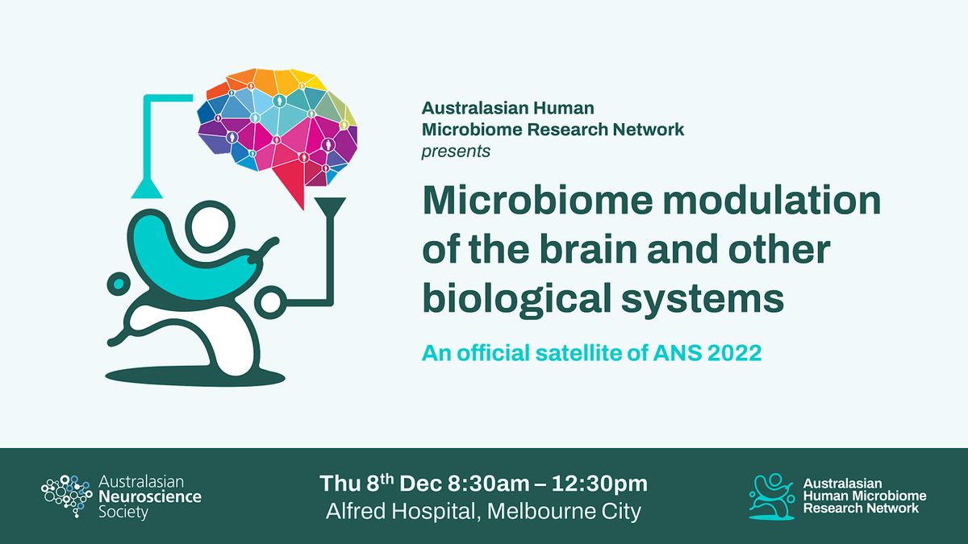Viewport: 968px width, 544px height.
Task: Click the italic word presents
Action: [x=455, y=151]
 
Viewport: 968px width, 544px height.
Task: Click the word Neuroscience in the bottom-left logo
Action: [x=149, y=496]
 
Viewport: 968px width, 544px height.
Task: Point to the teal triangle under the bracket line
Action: [x=146, y=189]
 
